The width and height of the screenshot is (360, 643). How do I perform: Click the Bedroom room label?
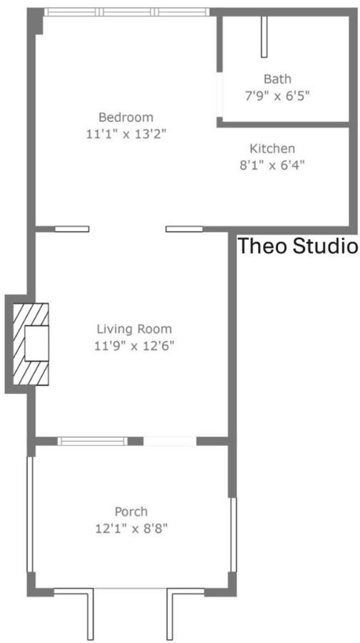126,117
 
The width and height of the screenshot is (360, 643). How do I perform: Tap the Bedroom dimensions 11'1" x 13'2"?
126,134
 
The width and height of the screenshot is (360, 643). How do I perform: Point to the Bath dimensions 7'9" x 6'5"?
276,96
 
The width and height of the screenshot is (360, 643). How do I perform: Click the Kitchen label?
272,148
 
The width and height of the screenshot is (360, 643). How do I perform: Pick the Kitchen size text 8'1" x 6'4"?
272,165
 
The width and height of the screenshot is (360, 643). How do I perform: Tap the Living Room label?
134,329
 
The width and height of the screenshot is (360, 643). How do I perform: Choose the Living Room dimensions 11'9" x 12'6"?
134,346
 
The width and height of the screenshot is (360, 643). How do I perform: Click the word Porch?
131,512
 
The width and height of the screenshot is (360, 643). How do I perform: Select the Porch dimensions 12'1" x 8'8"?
131,529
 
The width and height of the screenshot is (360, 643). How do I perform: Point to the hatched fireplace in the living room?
31,344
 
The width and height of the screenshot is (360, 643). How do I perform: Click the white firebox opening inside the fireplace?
36,343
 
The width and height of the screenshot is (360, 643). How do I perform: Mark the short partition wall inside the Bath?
264,37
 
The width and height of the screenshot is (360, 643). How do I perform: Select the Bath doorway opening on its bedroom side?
220,94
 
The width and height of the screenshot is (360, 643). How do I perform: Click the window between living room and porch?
92,442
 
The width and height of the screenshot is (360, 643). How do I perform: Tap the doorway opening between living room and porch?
170,442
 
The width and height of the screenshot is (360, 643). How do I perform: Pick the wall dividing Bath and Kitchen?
283,124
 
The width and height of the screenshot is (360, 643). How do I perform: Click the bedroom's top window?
126,12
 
